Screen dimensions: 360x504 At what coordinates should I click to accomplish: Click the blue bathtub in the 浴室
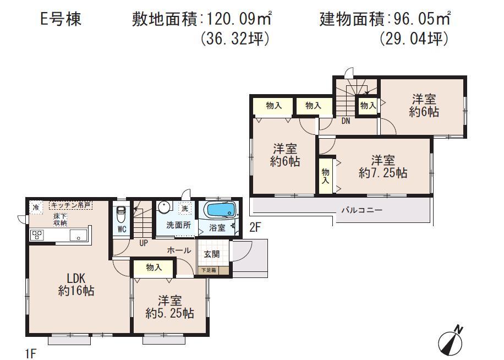(x=220, y=211)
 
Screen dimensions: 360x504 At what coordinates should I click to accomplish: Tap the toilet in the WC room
(x=122, y=214)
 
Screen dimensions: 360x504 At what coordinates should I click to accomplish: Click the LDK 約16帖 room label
(x=76, y=285)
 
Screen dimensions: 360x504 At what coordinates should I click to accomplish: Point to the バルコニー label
(x=361, y=210)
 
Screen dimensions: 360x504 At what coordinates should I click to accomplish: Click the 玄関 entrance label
(x=212, y=254)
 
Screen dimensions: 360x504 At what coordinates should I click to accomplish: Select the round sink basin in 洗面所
(x=163, y=208)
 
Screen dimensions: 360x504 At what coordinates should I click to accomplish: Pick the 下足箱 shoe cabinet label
(x=208, y=270)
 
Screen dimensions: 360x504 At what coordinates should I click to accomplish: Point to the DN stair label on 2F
(x=346, y=121)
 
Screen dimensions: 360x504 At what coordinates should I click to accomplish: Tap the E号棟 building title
(x=61, y=20)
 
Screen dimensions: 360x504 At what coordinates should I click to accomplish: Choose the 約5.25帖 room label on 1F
(x=169, y=307)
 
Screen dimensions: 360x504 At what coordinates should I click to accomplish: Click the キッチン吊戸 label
(x=70, y=205)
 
